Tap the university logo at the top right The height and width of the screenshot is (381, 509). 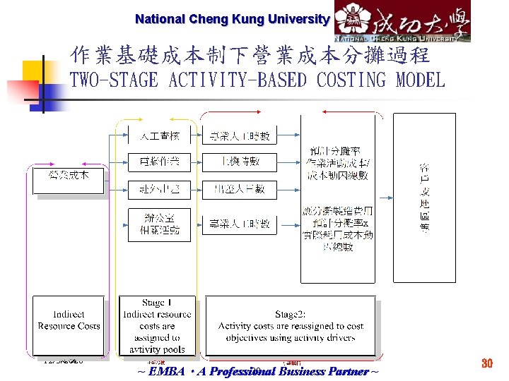click(x=402, y=21)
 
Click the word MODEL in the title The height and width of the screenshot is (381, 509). click(x=421, y=80)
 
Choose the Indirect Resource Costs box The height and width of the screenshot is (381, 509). click(x=69, y=320)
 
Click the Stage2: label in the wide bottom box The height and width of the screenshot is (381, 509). click(x=291, y=314)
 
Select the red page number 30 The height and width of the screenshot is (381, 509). click(x=486, y=363)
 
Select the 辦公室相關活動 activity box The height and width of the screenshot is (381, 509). click(x=158, y=224)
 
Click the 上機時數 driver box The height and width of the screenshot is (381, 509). click(x=240, y=162)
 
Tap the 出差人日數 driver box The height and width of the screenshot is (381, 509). click(x=240, y=189)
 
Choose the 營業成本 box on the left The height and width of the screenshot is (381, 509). click(x=69, y=179)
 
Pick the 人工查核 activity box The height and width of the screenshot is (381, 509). click(x=158, y=135)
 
